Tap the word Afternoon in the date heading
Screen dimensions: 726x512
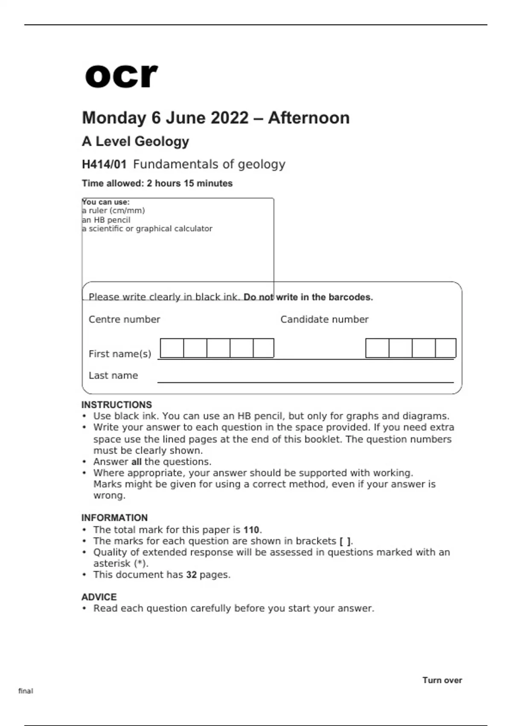[x=308, y=118]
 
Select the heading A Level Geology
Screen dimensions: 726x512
[x=135, y=141]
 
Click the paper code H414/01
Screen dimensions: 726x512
[x=104, y=164]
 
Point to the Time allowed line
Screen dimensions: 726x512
[x=157, y=183]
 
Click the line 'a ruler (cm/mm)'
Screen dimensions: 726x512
[x=113, y=211]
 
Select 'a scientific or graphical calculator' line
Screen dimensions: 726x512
[x=147, y=228]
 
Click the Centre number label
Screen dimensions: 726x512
[x=124, y=319]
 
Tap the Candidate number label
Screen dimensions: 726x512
[x=324, y=319]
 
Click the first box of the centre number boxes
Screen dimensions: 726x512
[x=172, y=348]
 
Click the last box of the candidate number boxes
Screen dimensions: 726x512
[x=445, y=348]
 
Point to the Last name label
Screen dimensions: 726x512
[x=113, y=375]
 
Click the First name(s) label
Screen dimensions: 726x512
[x=120, y=354]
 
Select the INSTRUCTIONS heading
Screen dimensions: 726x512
[x=116, y=405]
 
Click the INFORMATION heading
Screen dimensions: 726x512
[x=114, y=518]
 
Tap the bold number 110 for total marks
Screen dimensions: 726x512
[x=251, y=530]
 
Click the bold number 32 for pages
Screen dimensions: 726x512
[x=191, y=575]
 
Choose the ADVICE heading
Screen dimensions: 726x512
[x=99, y=597]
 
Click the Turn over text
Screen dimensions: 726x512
[x=442, y=680]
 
